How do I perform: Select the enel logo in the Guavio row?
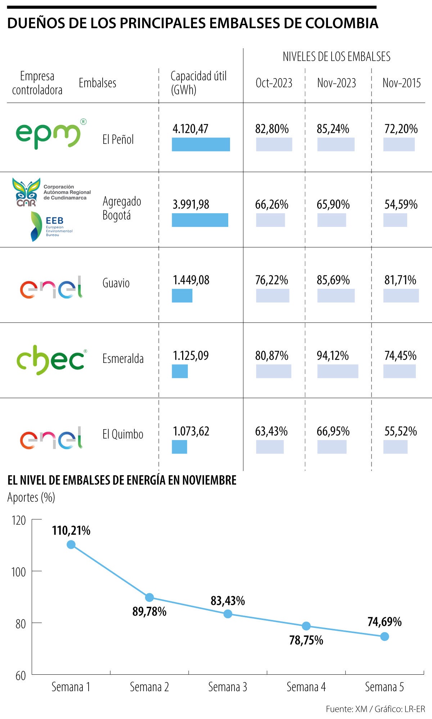pyautogui.click(x=51, y=287)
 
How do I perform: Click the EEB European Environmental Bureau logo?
pyautogui.click(x=51, y=226)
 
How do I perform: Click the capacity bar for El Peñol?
pyautogui.click(x=201, y=144)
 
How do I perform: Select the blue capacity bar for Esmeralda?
pyautogui.click(x=180, y=371)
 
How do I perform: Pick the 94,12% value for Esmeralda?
pyautogui.click(x=333, y=356)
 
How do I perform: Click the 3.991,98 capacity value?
pyautogui.click(x=191, y=205)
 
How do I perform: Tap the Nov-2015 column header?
pyautogui.click(x=401, y=83)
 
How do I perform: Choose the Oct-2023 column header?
pyautogui.click(x=274, y=83)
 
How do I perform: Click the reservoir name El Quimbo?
pyautogui.click(x=123, y=434)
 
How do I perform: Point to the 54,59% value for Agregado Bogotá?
pyautogui.click(x=401, y=205)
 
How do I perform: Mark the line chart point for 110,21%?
pyautogui.click(x=71, y=544)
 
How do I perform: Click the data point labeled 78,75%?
pyautogui.click(x=306, y=626)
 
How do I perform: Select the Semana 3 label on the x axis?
pyautogui.click(x=228, y=687)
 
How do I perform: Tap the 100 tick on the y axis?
pyautogui.click(x=18, y=572)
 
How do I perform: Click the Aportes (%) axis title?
pyautogui.click(x=31, y=498)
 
